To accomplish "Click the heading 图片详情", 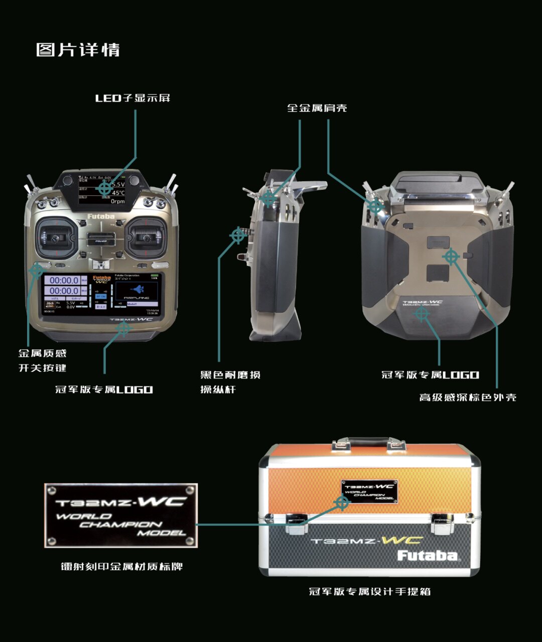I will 78,50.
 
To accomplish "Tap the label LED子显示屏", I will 133,98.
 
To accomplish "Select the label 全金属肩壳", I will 317,108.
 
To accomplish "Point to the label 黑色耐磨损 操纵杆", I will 230,382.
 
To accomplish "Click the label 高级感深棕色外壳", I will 467,398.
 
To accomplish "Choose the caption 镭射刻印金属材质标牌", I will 121,567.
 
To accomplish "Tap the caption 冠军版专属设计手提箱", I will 369,591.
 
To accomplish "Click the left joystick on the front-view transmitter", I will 53,239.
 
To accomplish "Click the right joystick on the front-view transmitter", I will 146,238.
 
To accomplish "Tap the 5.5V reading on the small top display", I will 118,185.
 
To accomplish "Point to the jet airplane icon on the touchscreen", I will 137,289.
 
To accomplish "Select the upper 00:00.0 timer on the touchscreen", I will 64,280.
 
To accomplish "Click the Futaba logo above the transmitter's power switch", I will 101,217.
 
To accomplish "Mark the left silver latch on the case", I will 297,522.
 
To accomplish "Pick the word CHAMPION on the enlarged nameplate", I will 120,525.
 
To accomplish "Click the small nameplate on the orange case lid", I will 369,491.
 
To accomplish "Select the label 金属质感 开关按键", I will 43,360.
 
